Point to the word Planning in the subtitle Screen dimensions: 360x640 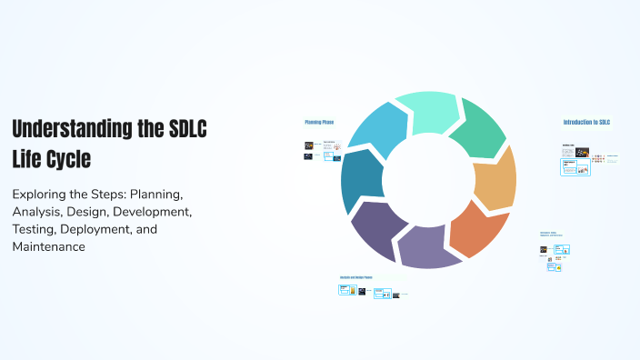click(155, 195)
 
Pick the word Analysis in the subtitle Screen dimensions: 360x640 click(38, 212)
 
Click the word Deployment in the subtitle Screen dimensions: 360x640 click(102, 229)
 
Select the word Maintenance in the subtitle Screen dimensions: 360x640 click(49, 246)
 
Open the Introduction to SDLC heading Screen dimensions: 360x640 click(586, 122)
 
